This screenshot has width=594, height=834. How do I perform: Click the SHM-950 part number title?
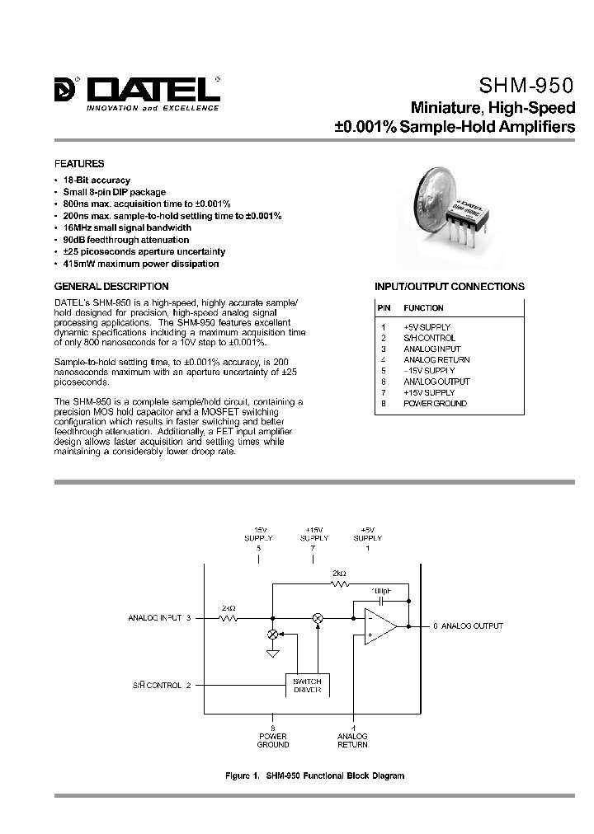(x=526, y=86)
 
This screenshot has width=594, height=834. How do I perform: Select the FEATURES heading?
(x=79, y=164)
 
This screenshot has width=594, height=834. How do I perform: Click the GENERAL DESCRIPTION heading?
(x=111, y=287)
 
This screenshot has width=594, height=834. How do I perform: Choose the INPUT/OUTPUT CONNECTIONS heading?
(x=450, y=287)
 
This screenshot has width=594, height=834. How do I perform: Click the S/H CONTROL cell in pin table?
(x=429, y=338)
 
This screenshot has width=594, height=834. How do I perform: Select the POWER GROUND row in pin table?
(x=435, y=403)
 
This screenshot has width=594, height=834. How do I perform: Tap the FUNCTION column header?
(x=423, y=308)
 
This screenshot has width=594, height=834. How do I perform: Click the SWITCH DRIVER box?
(x=307, y=685)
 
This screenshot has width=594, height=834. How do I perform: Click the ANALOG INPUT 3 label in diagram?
(x=160, y=617)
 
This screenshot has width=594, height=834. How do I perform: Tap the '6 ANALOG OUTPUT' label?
(x=468, y=626)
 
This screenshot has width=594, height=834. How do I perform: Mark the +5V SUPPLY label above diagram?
(x=367, y=534)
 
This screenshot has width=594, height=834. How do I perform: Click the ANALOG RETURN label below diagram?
(x=353, y=740)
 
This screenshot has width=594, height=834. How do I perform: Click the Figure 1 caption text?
(x=314, y=775)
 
